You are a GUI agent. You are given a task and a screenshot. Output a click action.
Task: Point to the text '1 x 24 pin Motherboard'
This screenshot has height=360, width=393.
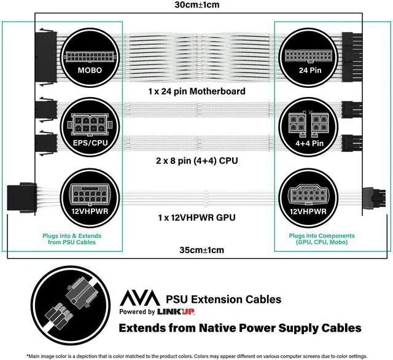click(196, 92)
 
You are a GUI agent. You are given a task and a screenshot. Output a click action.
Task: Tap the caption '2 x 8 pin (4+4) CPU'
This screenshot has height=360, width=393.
click(196, 161)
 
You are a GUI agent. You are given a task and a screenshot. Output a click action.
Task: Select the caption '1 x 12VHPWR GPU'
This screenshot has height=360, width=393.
click(196, 217)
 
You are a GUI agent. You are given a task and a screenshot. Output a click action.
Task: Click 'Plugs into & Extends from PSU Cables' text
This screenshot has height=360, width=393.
click(72, 240)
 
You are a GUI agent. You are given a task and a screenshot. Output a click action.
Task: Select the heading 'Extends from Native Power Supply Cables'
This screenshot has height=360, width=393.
click(248, 328)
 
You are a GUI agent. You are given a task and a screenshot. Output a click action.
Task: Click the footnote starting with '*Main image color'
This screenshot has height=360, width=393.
click(196, 356)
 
